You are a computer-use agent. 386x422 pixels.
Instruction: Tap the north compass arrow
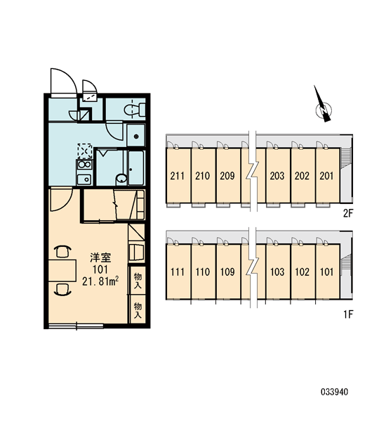click(x=323, y=105)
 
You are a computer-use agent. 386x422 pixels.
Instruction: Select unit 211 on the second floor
click(x=178, y=176)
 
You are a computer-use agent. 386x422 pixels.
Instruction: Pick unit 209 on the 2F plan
click(x=227, y=176)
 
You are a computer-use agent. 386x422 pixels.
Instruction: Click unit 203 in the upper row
click(x=277, y=176)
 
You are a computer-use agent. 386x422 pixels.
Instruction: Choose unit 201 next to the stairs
click(x=326, y=176)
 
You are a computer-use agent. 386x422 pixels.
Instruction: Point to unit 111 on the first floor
click(x=178, y=271)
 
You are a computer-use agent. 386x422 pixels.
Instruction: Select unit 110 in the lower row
click(x=203, y=271)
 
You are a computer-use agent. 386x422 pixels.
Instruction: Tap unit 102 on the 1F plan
click(x=302, y=271)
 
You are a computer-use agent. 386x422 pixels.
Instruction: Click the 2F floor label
click(x=348, y=213)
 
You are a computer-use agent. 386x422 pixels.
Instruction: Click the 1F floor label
click(x=348, y=314)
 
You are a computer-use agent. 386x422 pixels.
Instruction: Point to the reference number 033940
click(x=335, y=392)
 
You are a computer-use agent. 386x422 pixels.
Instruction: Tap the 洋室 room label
click(x=100, y=258)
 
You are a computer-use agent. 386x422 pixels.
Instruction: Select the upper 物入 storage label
click(x=138, y=281)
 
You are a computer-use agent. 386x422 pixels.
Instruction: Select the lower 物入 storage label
click(x=138, y=310)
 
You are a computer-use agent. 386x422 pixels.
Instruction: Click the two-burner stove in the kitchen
click(x=85, y=165)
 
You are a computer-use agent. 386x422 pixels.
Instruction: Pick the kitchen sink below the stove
click(x=84, y=179)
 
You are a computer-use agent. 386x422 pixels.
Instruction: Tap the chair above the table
click(x=63, y=252)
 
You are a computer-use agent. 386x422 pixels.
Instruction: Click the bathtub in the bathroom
click(x=136, y=167)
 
